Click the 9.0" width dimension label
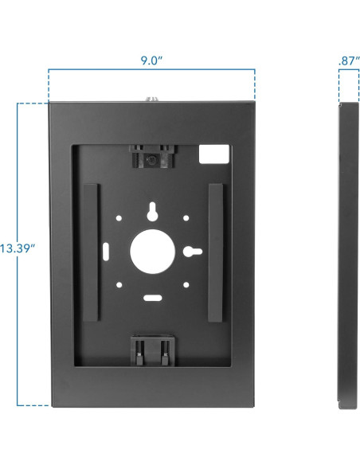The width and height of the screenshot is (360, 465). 151,61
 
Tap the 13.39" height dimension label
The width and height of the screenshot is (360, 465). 18,248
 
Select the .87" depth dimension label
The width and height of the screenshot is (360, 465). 349,61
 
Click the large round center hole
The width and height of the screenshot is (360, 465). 152,251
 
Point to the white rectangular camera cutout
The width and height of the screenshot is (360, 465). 213,154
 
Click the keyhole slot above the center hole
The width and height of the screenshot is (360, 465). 152,212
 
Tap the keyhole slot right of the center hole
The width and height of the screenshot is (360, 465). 193,252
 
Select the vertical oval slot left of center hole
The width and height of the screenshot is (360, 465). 106,252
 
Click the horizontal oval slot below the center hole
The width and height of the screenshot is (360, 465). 153,298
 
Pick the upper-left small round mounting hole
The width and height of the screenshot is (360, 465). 119,218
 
